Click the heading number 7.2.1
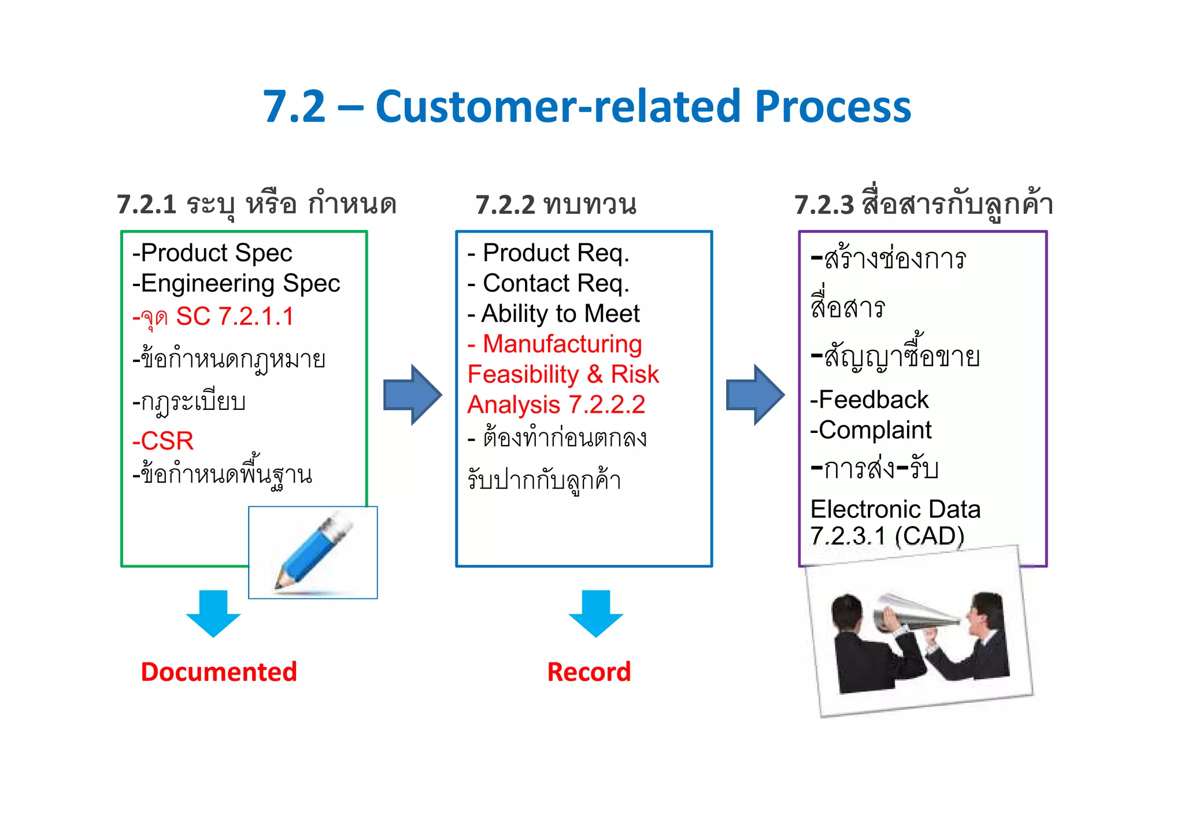147,205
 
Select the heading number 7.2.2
505,205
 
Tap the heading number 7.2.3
824,205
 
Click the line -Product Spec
212,253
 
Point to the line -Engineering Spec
236,283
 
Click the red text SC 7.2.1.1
235,316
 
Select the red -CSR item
163,441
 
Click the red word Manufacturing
562,344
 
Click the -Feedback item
869,400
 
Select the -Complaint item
871,430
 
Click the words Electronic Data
895,509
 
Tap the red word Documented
219,672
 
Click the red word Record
589,672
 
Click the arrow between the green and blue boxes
412,395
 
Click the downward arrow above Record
595,613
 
